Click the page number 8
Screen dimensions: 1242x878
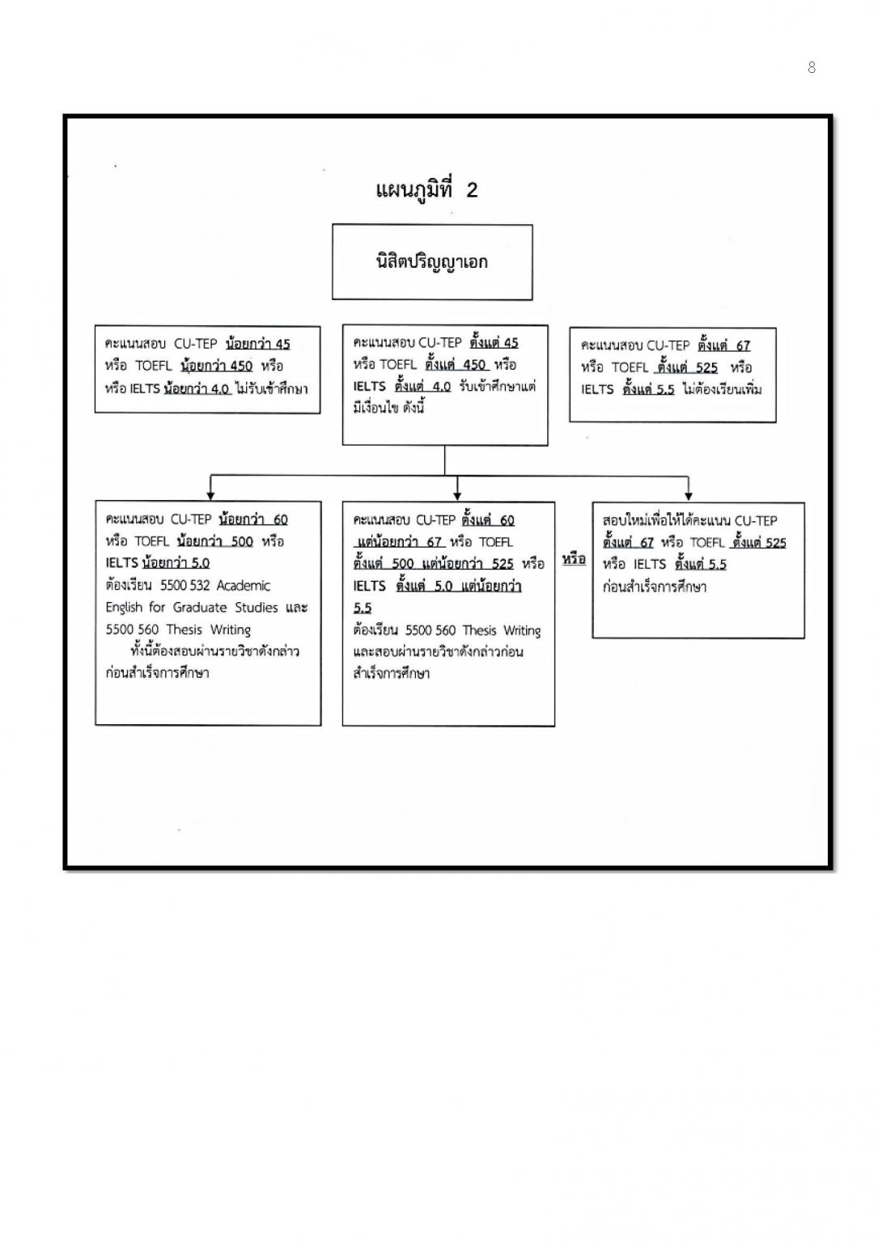click(x=812, y=68)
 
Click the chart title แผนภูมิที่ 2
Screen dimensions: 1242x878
click(x=427, y=189)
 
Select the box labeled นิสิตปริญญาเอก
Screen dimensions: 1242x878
click(x=432, y=262)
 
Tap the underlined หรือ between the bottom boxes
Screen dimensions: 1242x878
click(x=574, y=559)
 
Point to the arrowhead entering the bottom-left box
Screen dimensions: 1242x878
click(x=210, y=494)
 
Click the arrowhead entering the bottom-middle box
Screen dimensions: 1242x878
click(x=458, y=494)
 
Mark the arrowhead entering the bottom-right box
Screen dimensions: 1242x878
click(x=688, y=494)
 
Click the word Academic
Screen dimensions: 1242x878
click(x=244, y=585)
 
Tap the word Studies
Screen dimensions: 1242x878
click(x=257, y=607)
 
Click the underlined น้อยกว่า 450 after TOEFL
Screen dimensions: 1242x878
click(x=216, y=366)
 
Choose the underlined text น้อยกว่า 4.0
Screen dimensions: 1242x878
click(x=197, y=388)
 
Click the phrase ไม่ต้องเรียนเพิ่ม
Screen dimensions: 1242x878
click(x=722, y=389)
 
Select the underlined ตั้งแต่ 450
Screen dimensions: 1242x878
click(x=456, y=364)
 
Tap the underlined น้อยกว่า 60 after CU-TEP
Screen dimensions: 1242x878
click(x=252, y=519)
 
